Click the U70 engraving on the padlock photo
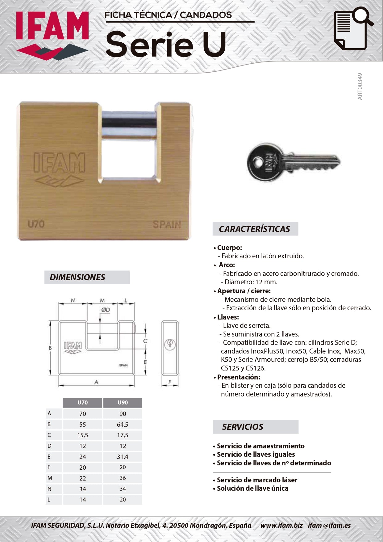tap(36, 224)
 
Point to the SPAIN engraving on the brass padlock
tap(167, 225)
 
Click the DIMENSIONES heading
tap(77, 277)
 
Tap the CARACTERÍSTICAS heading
tap(254, 229)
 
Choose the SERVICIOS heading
tap(243, 427)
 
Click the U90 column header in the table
tap(123, 403)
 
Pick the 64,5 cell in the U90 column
tap(123, 425)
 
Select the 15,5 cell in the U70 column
tap(82, 435)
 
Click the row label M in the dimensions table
tap(50, 478)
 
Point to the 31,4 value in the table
tap(123, 457)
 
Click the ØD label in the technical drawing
tap(106, 310)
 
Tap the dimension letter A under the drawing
tap(96, 382)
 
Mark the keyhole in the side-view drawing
tap(169, 343)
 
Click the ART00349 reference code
tap(360, 87)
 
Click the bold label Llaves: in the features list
tap(228, 317)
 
